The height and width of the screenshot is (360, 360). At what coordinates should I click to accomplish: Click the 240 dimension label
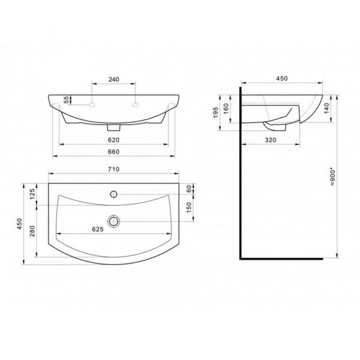coord(114,79)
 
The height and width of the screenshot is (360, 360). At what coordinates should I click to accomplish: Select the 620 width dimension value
coord(113,140)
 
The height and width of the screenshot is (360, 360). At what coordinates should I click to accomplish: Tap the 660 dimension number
coord(113,152)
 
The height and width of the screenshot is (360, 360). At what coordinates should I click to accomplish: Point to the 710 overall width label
coord(113,169)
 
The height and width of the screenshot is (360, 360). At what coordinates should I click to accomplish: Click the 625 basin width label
coord(98,229)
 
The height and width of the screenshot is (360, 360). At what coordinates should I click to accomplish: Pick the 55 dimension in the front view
coord(66,100)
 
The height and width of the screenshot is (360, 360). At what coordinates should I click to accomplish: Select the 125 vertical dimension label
coord(32,194)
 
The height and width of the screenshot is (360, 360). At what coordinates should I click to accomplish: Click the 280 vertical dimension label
coord(32,231)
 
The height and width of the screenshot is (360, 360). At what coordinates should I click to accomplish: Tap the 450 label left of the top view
coord(19,224)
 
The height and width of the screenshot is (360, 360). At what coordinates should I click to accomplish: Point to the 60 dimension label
coord(188,189)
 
